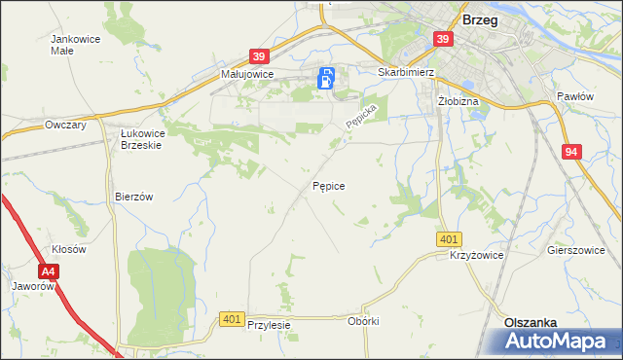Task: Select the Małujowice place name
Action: click(247, 74)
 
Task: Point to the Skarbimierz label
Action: click(404, 72)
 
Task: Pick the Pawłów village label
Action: click(574, 96)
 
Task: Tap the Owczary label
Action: click(67, 126)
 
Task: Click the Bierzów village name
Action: click(134, 196)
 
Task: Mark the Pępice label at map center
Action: click(328, 184)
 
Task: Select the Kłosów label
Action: click(69, 249)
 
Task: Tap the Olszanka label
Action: click(530, 322)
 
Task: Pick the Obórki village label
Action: click(362, 321)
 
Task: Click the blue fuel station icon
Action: click(328, 80)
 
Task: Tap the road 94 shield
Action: click(571, 152)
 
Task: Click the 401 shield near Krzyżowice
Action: click(449, 239)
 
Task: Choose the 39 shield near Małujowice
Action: click(258, 57)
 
